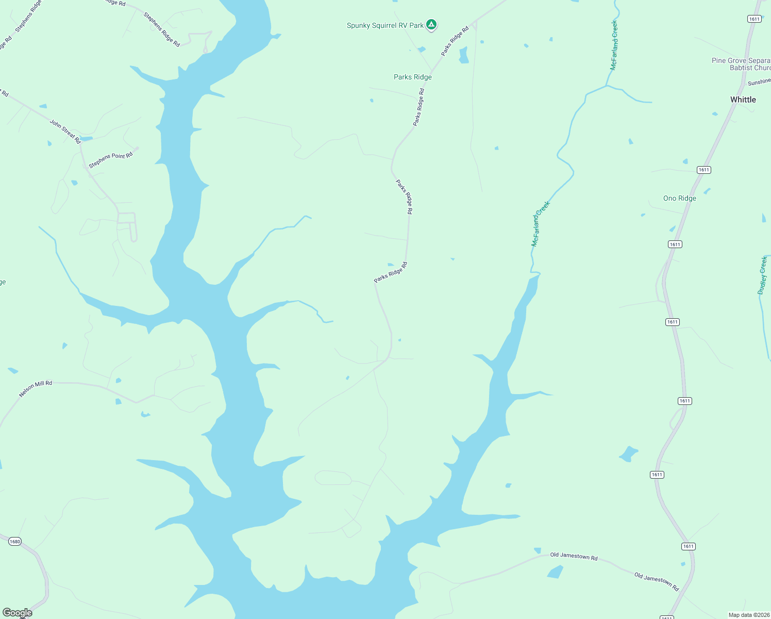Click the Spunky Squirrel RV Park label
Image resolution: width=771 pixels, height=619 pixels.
[x=385, y=25]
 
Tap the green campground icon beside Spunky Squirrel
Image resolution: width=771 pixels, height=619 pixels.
[x=432, y=24]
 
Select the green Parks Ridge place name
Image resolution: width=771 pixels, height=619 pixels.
[x=413, y=77]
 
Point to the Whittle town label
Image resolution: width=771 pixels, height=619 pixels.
[x=743, y=100]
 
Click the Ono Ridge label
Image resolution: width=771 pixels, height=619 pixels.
[x=680, y=198]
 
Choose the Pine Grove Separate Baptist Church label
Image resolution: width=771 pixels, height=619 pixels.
[x=741, y=64]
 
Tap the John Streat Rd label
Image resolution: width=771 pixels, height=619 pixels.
[x=65, y=131]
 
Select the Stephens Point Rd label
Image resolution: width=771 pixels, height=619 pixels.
[x=111, y=160]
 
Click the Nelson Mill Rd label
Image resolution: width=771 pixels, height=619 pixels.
[x=36, y=388]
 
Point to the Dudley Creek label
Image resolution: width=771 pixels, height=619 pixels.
[x=763, y=275]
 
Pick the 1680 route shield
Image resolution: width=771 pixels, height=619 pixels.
[x=15, y=541]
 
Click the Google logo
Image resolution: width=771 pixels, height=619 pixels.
[x=18, y=613]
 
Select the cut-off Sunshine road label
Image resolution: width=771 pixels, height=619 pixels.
[x=759, y=82]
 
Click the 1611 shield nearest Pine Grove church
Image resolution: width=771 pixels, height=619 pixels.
[x=754, y=19]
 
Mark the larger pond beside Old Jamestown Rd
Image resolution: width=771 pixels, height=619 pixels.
[x=555, y=572]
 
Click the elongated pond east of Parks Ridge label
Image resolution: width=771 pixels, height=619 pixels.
[x=463, y=55]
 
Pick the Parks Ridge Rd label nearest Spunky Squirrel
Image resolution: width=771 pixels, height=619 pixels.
[x=455, y=41]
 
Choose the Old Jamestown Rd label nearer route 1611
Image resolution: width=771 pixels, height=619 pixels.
[x=657, y=580]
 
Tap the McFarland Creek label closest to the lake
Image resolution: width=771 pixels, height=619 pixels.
[x=541, y=223]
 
